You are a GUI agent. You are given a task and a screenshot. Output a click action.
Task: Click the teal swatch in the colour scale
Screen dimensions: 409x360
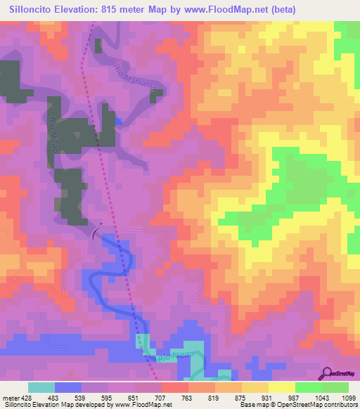(41, 387)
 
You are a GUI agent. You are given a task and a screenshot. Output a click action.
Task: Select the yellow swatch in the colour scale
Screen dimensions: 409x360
(282, 387)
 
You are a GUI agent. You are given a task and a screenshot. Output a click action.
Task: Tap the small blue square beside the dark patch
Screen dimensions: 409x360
(119, 122)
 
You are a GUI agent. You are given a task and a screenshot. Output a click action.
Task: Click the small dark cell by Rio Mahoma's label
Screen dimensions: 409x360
(98, 46)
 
